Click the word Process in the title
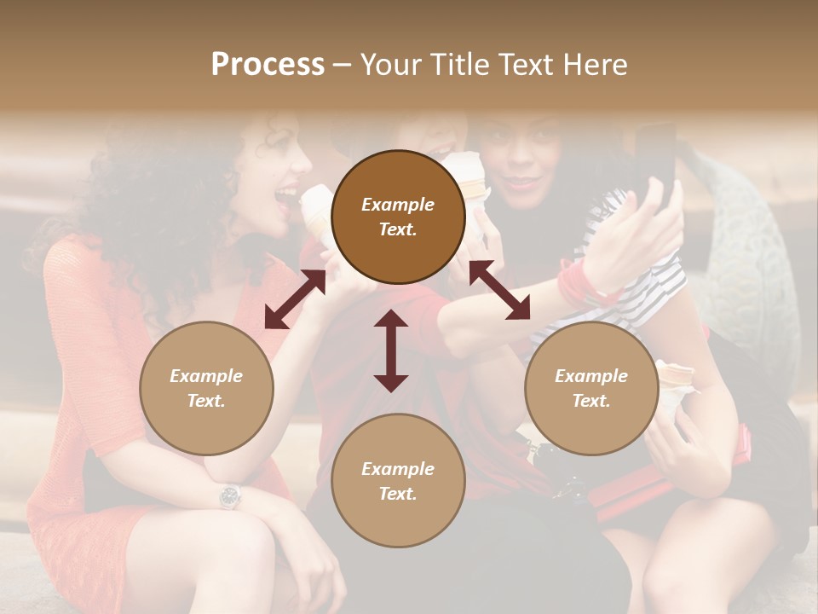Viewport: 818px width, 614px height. pos(268,65)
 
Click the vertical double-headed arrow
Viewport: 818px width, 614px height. pos(391,350)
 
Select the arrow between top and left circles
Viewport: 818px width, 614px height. pos(295,299)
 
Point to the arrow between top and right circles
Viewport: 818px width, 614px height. pos(499,291)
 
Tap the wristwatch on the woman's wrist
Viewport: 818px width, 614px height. pos(229,495)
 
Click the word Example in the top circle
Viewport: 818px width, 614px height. pos(398,205)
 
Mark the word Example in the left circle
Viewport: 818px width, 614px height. pos(206,376)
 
